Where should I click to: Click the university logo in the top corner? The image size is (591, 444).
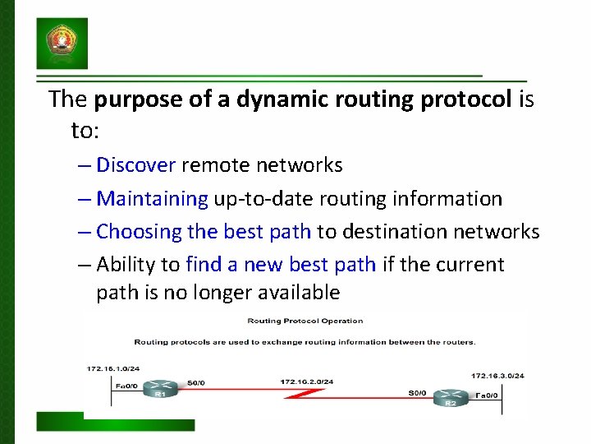62,44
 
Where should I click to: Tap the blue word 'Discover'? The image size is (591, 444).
135,165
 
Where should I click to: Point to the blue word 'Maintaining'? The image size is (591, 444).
152,198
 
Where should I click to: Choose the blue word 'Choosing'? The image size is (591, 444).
139,232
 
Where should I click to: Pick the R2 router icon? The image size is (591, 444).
450,396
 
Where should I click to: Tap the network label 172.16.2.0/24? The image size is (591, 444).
306,382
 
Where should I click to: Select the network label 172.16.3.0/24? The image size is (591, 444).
497,376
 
